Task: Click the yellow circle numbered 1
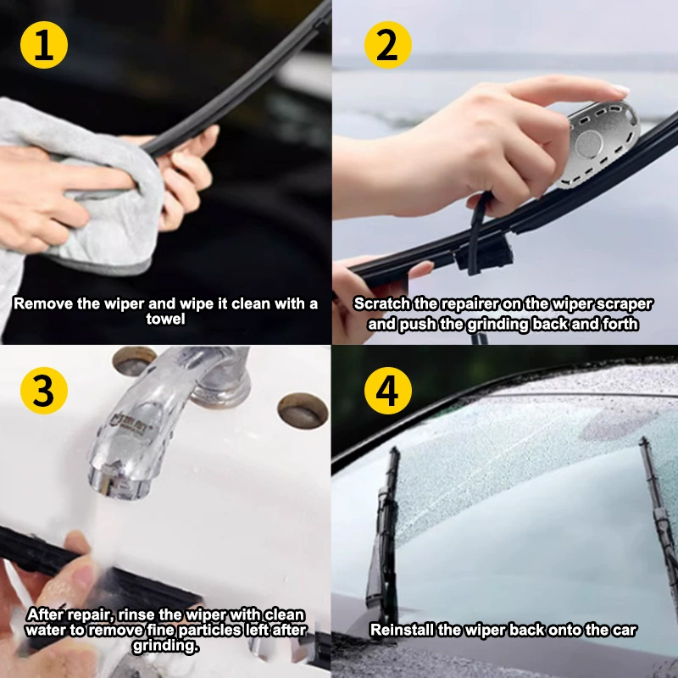(x=44, y=45)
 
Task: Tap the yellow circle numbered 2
(x=388, y=45)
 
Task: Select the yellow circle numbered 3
(x=44, y=391)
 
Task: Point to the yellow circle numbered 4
(x=388, y=391)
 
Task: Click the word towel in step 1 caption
(x=165, y=320)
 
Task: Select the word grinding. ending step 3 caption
(x=165, y=646)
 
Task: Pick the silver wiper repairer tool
(x=599, y=142)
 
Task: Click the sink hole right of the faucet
(x=303, y=411)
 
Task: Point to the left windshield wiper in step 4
(x=384, y=536)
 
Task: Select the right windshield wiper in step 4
(x=659, y=519)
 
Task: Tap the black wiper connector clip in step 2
(x=483, y=253)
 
